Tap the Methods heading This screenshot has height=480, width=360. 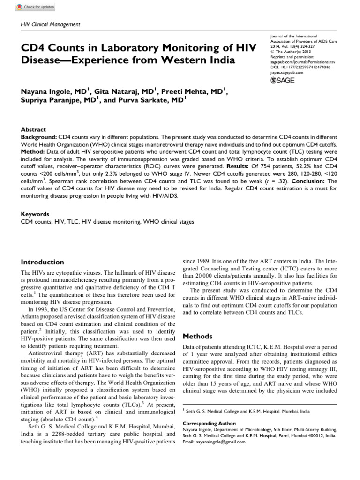pos(197,336)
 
